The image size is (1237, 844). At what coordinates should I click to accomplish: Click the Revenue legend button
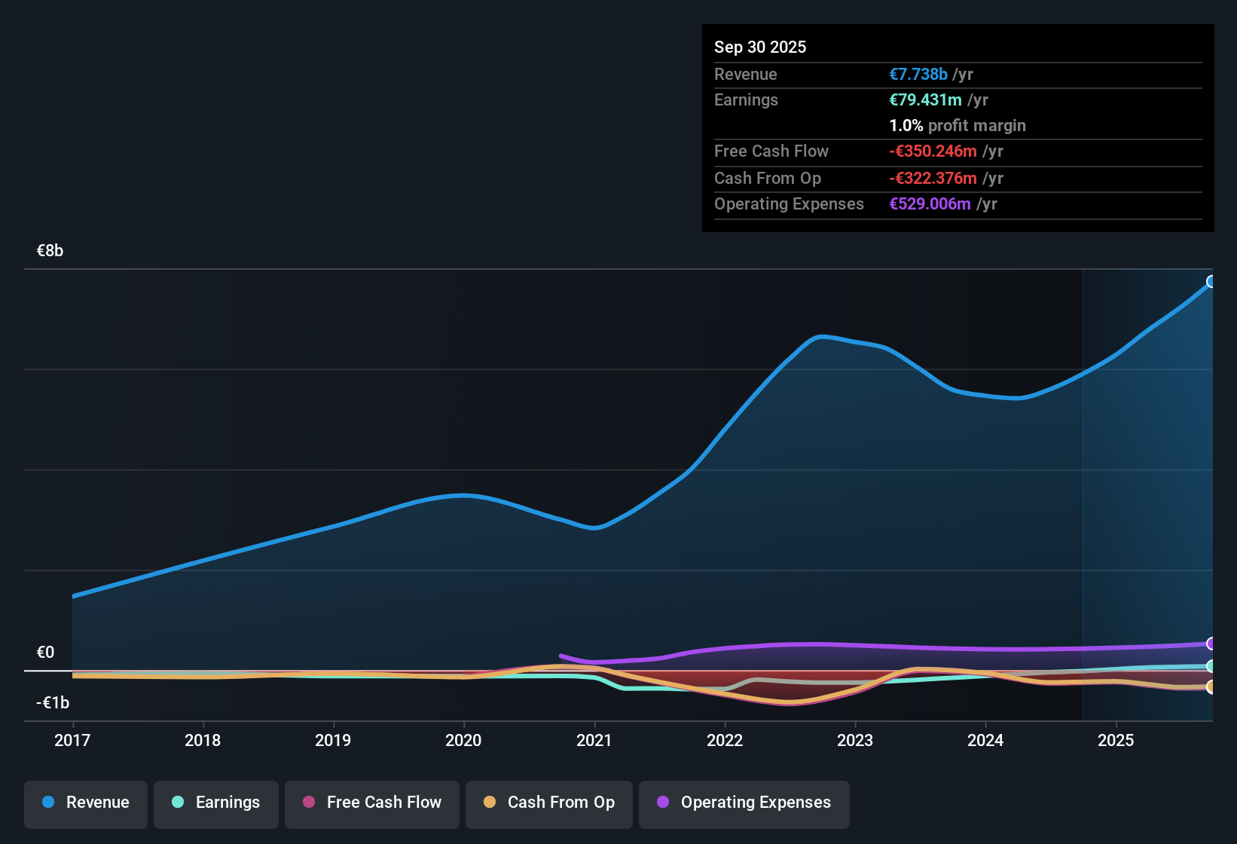pyautogui.click(x=86, y=803)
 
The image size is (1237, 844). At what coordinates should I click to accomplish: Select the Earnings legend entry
pyautogui.click(x=216, y=803)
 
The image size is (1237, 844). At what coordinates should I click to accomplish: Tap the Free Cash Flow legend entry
pyautogui.click(x=372, y=803)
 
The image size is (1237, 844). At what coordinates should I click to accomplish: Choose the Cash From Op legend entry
pyautogui.click(x=549, y=803)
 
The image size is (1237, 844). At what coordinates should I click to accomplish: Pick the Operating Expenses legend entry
pyautogui.click(x=744, y=803)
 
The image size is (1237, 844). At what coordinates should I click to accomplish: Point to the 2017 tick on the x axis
pyautogui.click(x=72, y=740)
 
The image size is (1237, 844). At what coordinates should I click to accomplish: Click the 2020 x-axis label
pyautogui.click(x=463, y=740)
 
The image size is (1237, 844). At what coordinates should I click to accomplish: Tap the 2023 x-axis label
pyautogui.click(x=855, y=740)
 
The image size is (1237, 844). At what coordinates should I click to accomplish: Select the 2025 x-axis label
pyautogui.click(x=1116, y=740)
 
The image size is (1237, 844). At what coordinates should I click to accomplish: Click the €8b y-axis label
pyautogui.click(x=50, y=251)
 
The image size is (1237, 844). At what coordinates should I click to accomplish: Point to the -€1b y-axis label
pyautogui.click(x=53, y=703)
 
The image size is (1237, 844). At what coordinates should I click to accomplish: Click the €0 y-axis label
pyautogui.click(x=46, y=653)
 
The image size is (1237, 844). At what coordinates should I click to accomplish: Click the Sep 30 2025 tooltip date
pyautogui.click(x=760, y=47)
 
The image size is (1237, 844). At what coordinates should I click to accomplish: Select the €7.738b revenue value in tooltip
pyautogui.click(x=918, y=75)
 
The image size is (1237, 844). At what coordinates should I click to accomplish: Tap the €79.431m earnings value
pyautogui.click(x=925, y=100)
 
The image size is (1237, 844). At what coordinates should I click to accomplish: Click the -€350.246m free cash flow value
pyautogui.click(x=933, y=151)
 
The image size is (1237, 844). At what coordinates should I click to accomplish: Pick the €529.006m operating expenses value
pyautogui.click(x=930, y=204)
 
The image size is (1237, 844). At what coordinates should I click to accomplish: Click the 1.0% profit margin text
pyautogui.click(x=958, y=126)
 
